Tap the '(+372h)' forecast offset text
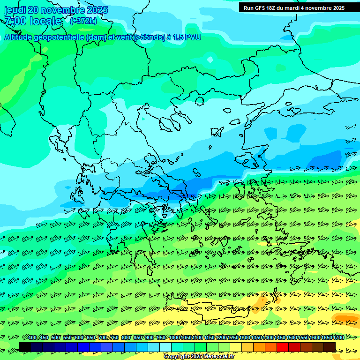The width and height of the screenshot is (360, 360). (x=83, y=21)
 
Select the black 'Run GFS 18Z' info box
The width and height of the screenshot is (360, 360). (x=294, y=7)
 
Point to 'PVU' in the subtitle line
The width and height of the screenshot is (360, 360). (x=192, y=37)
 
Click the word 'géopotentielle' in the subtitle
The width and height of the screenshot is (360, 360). (x=57, y=37)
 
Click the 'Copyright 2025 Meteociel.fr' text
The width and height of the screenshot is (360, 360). (x=199, y=357)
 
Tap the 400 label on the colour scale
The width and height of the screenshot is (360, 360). (x=32, y=338)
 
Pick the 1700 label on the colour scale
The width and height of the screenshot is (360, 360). (x=338, y=338)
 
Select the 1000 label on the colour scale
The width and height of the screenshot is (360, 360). (x=174, y=338)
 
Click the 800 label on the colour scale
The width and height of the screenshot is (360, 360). (x=126, y=338)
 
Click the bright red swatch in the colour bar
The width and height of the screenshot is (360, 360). (x=283, y=347)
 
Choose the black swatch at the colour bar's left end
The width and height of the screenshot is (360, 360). (x=25, y=347)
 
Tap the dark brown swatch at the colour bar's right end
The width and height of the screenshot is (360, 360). (x=330, y=347)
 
